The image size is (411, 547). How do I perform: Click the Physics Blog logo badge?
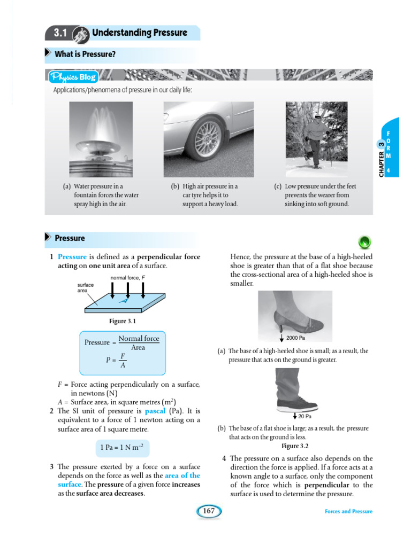click(x=73, y=77)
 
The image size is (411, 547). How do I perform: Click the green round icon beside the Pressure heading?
click(x=364, y=243)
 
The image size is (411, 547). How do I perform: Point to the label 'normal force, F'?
click(x=128, y=278)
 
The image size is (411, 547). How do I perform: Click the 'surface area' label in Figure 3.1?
click(x=86, y=288)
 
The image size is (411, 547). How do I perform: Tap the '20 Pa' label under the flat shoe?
click(x=304, y=416)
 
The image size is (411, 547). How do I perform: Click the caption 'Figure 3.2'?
click(x=295, y=446)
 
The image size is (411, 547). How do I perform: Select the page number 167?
click(x=209, y=511)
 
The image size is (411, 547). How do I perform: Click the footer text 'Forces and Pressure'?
click(x=348, y=511)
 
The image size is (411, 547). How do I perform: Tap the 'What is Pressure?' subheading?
click(x=85, y=54)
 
